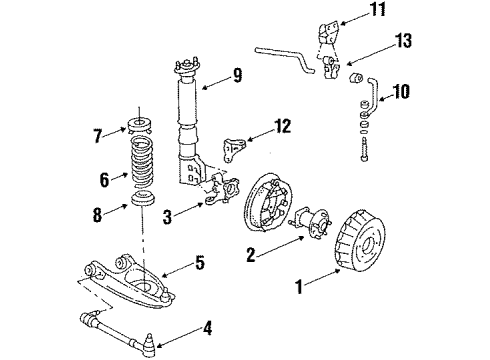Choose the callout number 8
[98, 212]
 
